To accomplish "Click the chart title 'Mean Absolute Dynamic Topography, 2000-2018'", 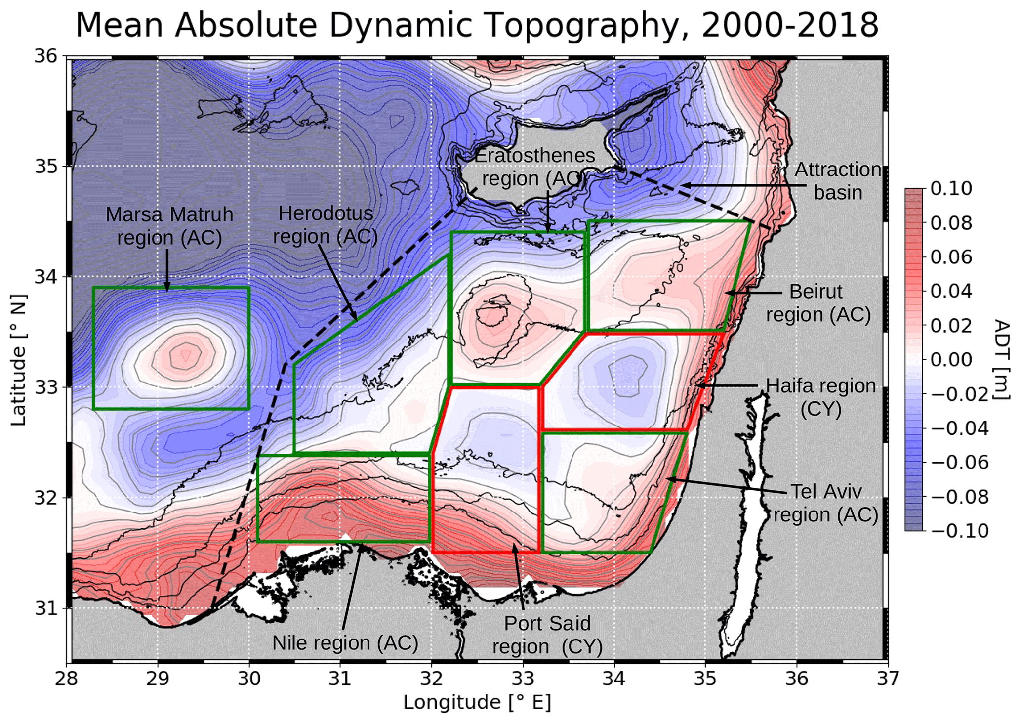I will point(477,25).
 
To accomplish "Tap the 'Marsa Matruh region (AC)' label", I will point(169,226).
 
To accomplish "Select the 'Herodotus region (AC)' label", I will point(326,225).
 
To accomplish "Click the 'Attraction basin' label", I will point(838,181).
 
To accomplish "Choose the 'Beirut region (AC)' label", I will point(817,303).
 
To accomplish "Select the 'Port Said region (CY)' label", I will point(547,635).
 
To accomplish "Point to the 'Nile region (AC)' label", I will point(345,643).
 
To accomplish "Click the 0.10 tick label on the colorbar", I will point(951,188).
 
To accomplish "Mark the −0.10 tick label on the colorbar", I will point(960,531).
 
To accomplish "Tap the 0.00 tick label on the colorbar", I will point(951,359).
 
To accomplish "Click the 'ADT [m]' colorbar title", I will point(1001,359).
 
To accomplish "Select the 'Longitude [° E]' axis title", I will point(477,702).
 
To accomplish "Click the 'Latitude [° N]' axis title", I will point(18,359).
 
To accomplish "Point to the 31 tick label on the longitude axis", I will point(340,679).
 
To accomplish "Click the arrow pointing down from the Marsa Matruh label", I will point(167,270).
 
